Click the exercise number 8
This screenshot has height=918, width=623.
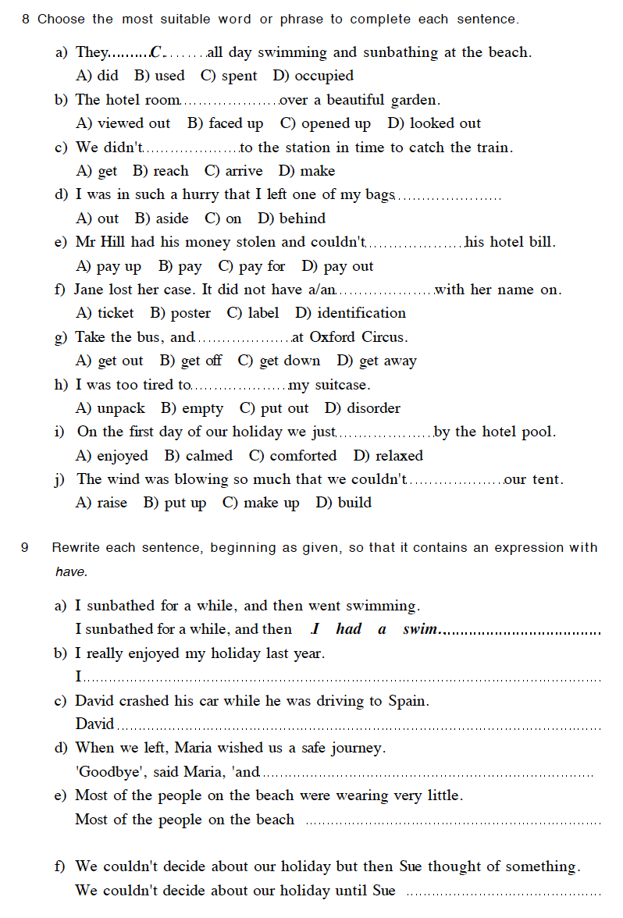[x=26, y=20]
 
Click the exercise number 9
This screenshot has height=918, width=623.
[x=24, y=548]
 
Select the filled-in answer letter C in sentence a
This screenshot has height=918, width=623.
[x=157, y=53]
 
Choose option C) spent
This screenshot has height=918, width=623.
[x=229, y=76]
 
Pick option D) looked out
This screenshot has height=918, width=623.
[x=434, y=123]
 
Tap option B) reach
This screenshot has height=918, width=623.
[x=161, y=171]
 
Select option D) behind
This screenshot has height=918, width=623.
[x=291, y=219]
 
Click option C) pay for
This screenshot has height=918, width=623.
[x=251, y=266]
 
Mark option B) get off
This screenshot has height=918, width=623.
[x=190, y=361]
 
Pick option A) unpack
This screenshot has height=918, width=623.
[x=110, y=408]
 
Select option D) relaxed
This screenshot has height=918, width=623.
[x=388, y=456]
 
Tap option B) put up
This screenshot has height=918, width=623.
[x=175, y=503]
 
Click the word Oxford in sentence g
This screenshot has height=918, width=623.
[x=333, y=337]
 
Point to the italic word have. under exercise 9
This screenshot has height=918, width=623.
[x=71, y=572]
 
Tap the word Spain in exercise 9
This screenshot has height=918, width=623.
[x=408, y=701]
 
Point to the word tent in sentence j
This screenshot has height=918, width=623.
[x=547, y=479]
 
